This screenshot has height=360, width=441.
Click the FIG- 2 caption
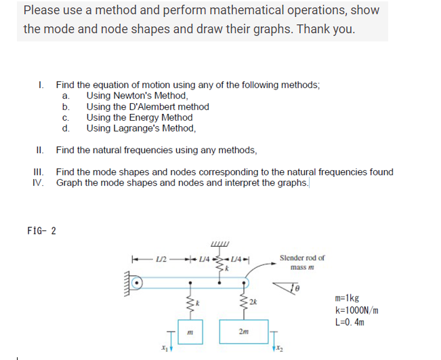click(x=41, y=230)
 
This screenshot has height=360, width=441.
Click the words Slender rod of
click(x=301, y=258)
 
